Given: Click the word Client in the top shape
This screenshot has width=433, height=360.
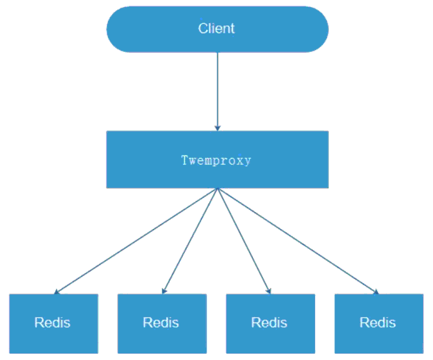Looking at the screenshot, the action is (x=216, y=28).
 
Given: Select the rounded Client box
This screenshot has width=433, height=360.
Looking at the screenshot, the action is (x=217, y=29).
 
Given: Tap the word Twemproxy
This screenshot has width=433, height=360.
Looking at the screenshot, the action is (x=216, y=161).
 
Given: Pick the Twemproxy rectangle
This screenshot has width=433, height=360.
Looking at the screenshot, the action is (x=217, y=159).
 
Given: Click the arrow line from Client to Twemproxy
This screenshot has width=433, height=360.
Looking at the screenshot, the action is (x=217, y=92).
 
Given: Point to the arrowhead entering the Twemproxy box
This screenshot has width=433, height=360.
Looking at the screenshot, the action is (x=217, y=128).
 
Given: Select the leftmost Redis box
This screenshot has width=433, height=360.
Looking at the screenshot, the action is (x=53, y=324).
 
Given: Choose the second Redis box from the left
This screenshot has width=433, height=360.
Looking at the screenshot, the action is (x=162, y=324).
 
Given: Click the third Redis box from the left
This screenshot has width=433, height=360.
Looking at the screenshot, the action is (x=270, y=324).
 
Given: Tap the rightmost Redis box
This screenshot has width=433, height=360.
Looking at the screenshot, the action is (x=379, y=324).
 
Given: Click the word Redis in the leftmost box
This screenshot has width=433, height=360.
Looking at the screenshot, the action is (x=52, y=322).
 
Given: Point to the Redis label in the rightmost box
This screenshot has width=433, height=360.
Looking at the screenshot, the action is (x=377, y=322).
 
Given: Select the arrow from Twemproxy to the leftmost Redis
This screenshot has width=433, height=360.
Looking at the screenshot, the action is (x=136, y=241).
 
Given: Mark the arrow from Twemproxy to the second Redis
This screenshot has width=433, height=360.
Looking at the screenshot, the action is (x=190, y=241).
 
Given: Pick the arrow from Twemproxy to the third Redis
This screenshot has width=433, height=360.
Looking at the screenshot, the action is (x=244, y=241).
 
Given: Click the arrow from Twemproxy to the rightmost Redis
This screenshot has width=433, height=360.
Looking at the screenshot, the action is (x=298, y=241).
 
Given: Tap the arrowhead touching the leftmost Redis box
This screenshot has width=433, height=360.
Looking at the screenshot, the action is (x=56, y=292).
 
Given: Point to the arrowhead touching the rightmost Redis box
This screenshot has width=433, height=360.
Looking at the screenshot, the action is (x=377, y=292).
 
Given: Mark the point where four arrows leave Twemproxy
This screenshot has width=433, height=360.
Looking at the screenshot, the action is (x=217, y=189).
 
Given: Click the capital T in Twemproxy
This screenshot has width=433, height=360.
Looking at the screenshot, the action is (x=184, y=160).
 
